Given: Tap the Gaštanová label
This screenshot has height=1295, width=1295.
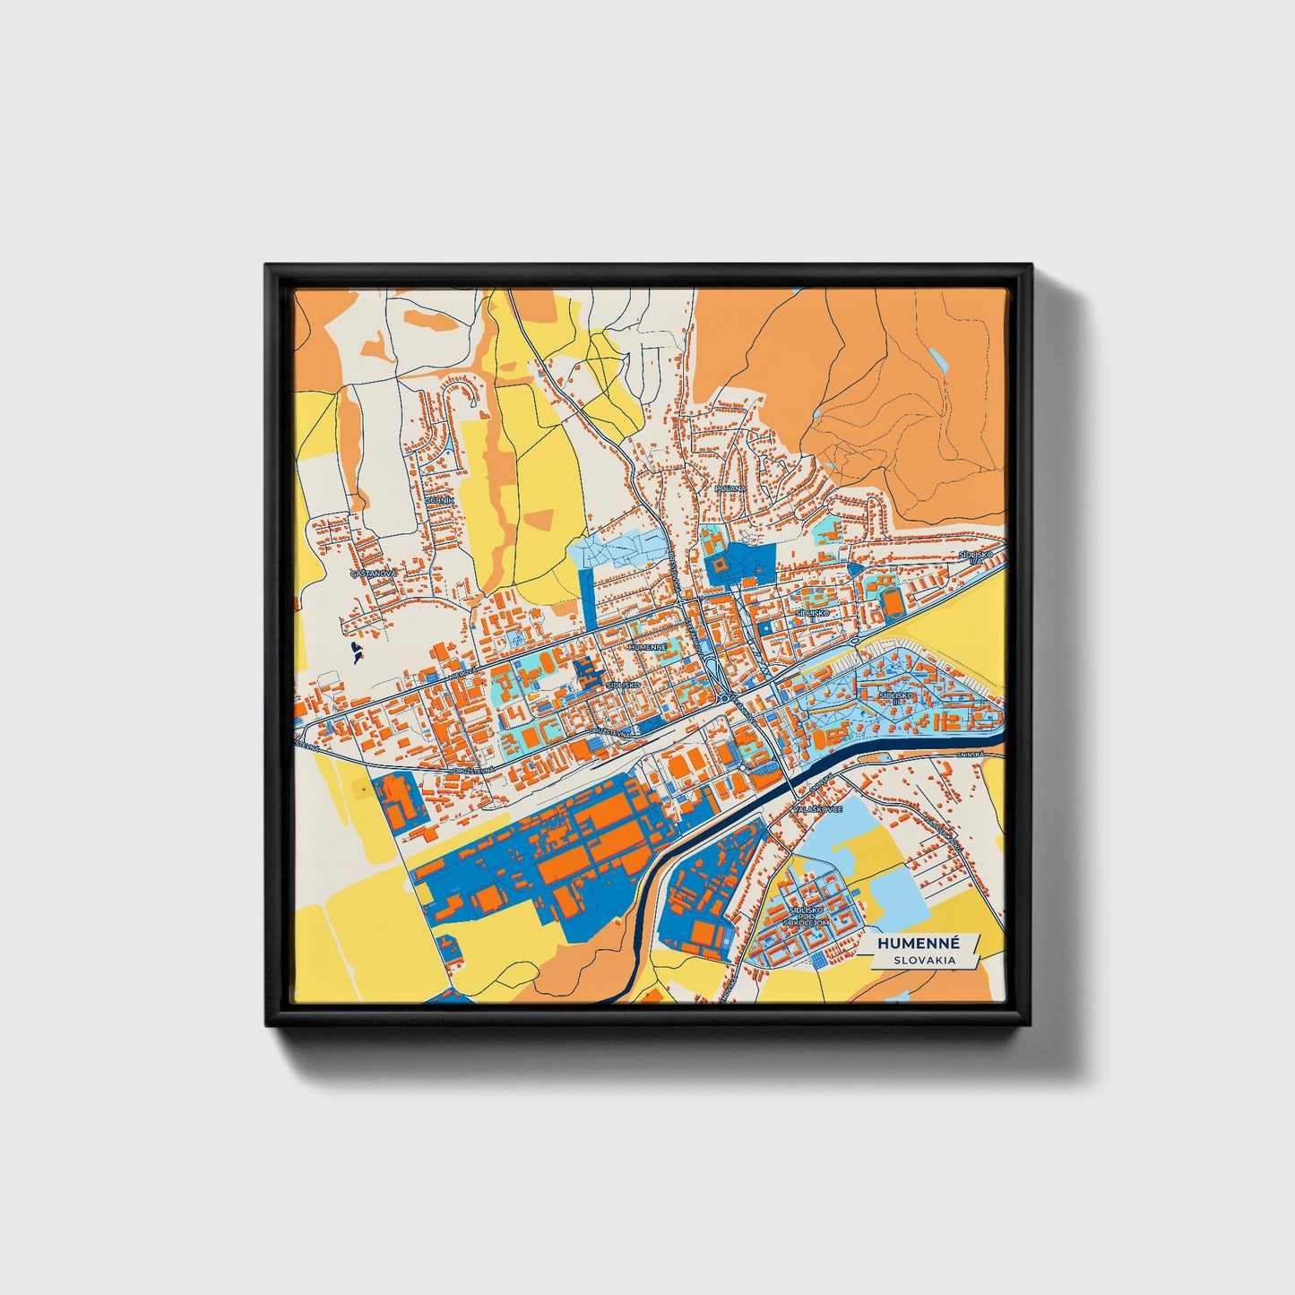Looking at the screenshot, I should click(372, 572).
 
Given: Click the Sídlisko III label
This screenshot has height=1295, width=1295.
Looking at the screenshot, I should click(894, 696).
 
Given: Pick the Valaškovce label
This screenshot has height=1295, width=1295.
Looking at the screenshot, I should click(816, 809).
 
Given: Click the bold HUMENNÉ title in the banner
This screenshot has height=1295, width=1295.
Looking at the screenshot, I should click(919, 944).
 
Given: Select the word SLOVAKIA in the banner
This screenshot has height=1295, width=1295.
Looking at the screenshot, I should click(923, 960).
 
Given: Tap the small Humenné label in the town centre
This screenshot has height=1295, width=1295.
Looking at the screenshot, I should click(648, 646).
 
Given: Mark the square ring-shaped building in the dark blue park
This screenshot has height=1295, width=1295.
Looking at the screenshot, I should click(720, 565).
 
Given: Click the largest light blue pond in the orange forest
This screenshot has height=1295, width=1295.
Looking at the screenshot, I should click(937, 360).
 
